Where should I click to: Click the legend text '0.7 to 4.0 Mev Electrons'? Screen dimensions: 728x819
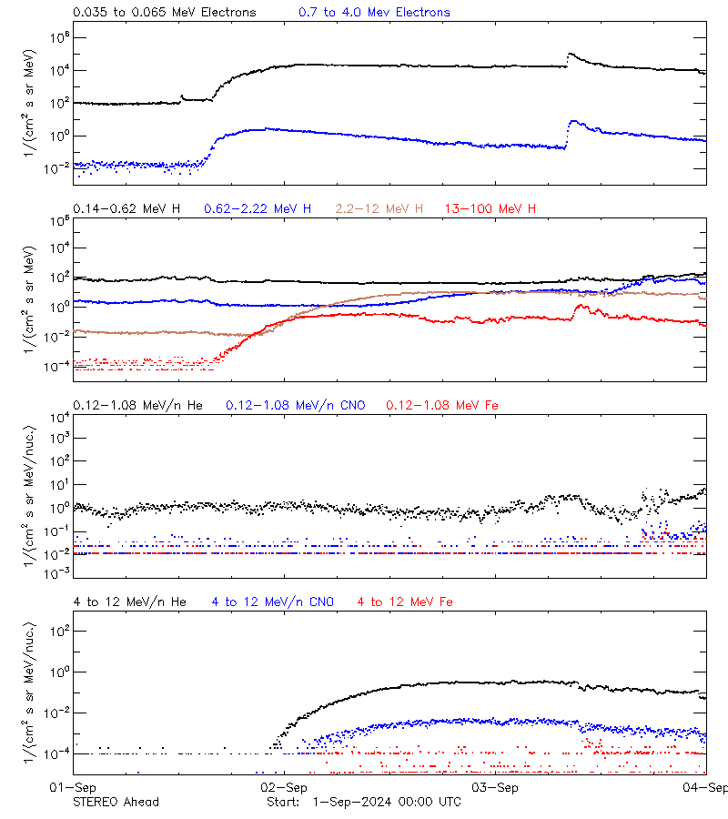(x=374, y=12)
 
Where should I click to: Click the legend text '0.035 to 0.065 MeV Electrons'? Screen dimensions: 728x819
(x=164, y=12)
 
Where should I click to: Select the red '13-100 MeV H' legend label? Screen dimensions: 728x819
(x=490, y=208)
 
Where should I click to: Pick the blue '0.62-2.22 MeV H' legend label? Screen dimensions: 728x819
(x=258, y=208)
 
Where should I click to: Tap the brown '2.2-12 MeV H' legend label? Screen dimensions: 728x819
(x=379, y=208)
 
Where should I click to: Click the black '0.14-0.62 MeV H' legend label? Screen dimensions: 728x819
(x=126, y=208)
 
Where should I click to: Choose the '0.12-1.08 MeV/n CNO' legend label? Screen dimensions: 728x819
(x=296, y=405)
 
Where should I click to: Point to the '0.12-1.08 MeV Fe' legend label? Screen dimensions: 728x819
(x=442, y=405)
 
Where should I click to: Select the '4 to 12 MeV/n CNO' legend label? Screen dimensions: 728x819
(x=273, y=602)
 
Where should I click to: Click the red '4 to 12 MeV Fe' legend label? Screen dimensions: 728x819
(x=405, y=602)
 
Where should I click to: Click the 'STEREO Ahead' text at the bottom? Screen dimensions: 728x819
(x=116, y=802)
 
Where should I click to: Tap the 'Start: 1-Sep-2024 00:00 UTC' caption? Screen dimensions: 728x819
(x=364, y=802)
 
